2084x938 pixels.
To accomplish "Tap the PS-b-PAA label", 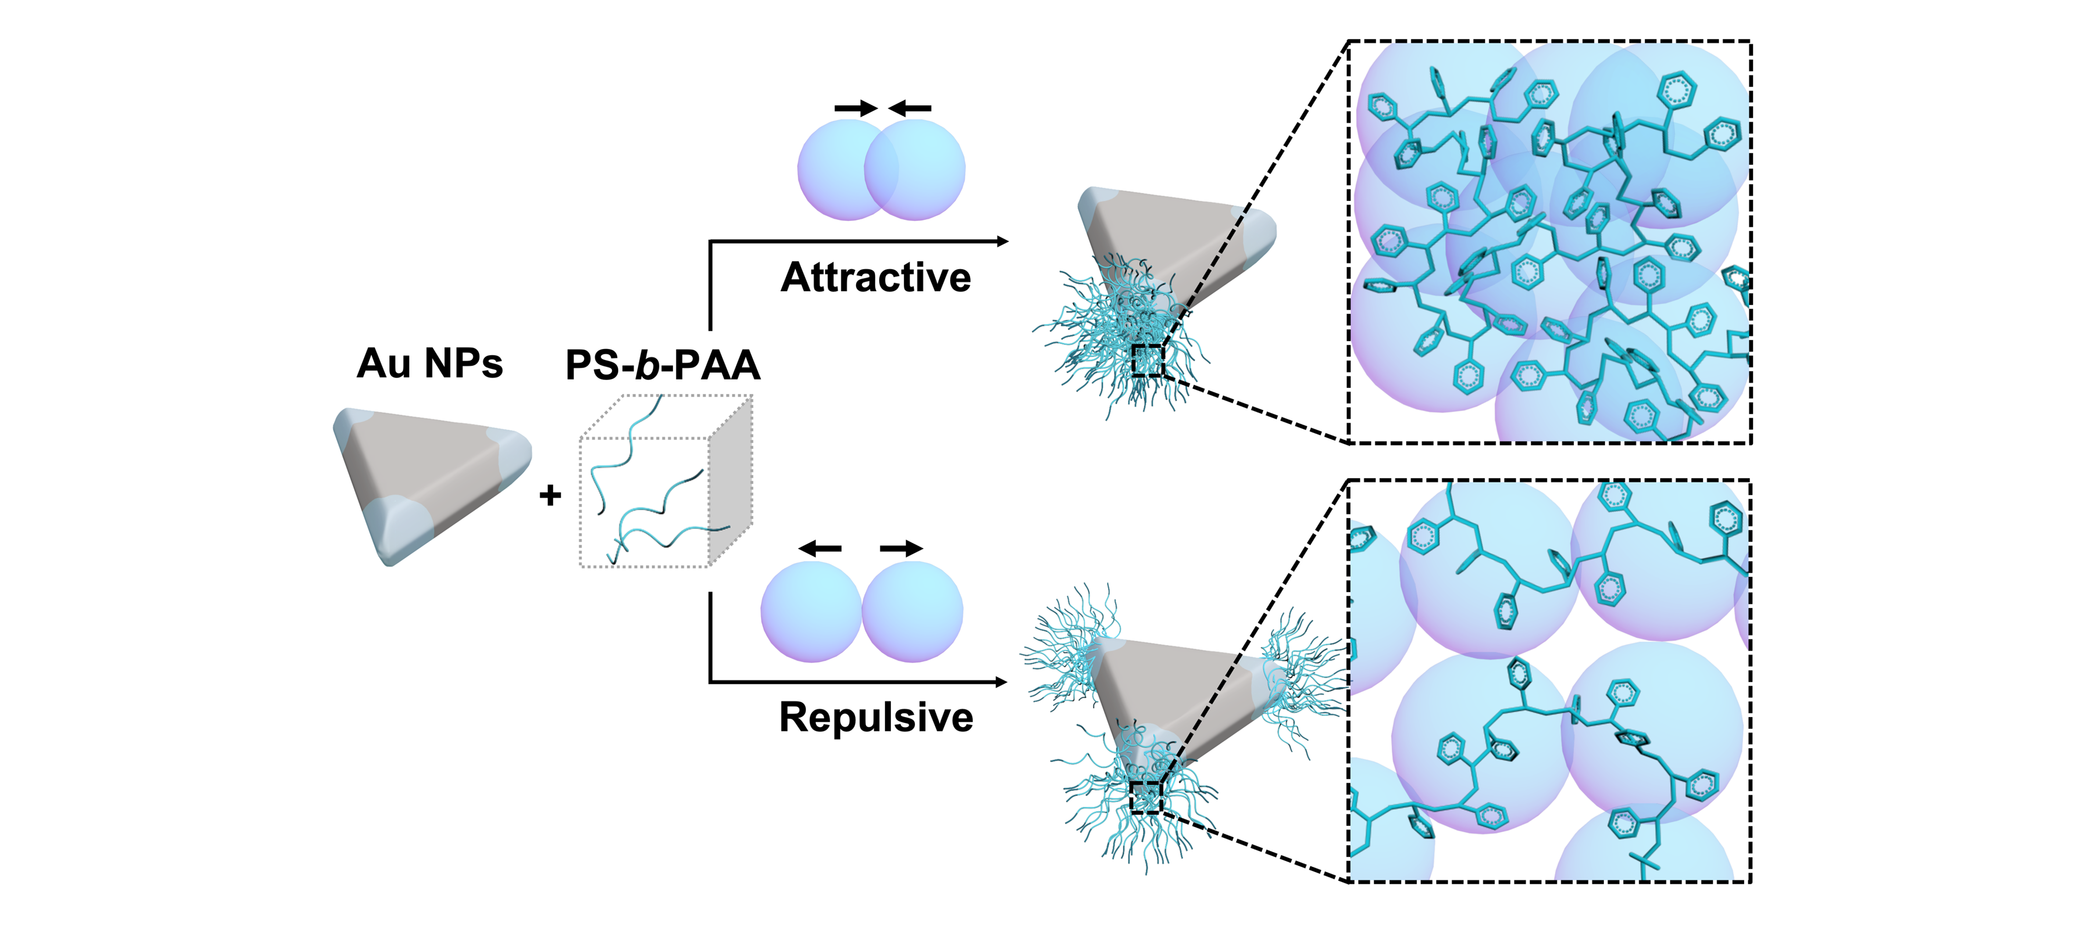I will click(x=662, y=365).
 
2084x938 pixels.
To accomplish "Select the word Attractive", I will click(x=876, y=277).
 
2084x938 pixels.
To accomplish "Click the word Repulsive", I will click(x=876, y=717).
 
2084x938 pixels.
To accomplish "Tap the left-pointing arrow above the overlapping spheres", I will click(x=910, y=108).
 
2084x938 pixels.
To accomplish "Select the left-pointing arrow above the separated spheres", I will click(x=820, y=548).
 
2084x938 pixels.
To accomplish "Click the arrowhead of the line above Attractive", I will click(x=1001, y=241).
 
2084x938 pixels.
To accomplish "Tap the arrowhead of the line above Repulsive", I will click(x=1001, y=682).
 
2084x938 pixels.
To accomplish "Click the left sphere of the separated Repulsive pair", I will click(x=811, y=612).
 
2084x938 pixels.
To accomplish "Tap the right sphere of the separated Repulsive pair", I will click(x=913, y=612).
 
